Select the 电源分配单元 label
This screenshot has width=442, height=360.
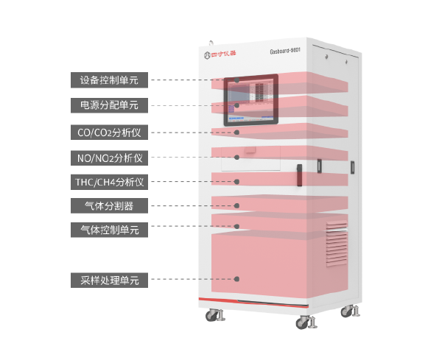[110, 105]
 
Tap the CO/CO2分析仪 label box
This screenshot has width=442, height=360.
[110, 133]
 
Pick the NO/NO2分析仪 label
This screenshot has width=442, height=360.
[110, 158]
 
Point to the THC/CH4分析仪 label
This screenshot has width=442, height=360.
[110, 181]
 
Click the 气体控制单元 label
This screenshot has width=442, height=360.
[110, 230]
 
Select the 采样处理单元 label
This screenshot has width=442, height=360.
[110, 280]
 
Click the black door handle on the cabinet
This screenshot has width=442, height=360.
[301, 177]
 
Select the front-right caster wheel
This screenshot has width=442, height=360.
[304, 322]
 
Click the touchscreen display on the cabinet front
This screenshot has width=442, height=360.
[250, 99]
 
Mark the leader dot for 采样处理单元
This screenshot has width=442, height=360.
[237, 279]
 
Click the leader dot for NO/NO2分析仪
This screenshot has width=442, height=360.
[237, 157]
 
